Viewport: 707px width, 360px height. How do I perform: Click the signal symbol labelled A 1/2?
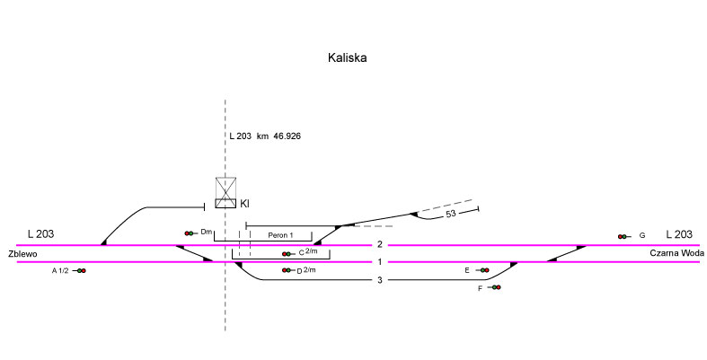80,270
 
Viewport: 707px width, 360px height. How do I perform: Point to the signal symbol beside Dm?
190,233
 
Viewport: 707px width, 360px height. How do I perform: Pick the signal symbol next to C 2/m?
288,253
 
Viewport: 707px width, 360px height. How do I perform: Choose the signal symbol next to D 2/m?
287,270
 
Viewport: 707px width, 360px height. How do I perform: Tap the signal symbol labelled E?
482,270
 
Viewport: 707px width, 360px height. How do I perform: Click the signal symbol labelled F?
495,287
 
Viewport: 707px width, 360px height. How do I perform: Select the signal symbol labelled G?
623,236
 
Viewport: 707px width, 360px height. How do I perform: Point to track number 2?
380,244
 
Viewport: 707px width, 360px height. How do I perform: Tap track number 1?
380,262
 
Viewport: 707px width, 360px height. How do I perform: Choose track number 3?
380,280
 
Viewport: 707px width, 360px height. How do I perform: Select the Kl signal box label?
244,205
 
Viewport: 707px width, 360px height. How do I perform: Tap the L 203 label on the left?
40,233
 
